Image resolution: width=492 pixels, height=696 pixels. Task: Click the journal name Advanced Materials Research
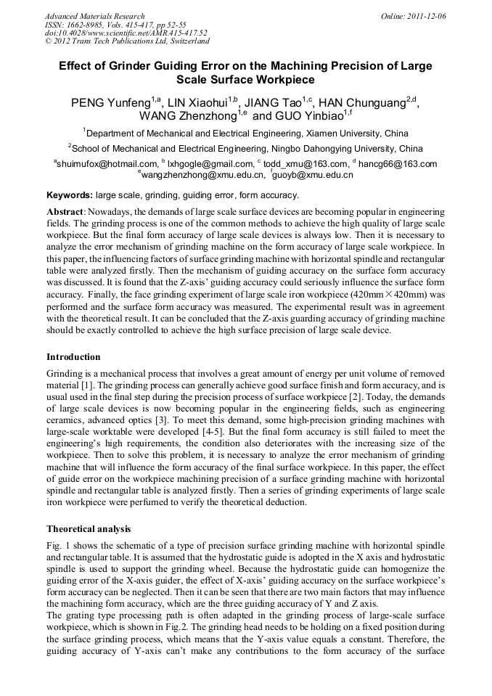pos(94,16)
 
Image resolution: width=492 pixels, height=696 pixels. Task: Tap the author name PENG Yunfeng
pos(110,103)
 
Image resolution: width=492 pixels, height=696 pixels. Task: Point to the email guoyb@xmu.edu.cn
pos(313,175)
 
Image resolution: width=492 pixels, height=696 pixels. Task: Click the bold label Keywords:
pos(70,195)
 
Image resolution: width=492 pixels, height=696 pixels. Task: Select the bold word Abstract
pos(65,210)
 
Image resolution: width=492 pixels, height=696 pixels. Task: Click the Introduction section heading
pos(73,357)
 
